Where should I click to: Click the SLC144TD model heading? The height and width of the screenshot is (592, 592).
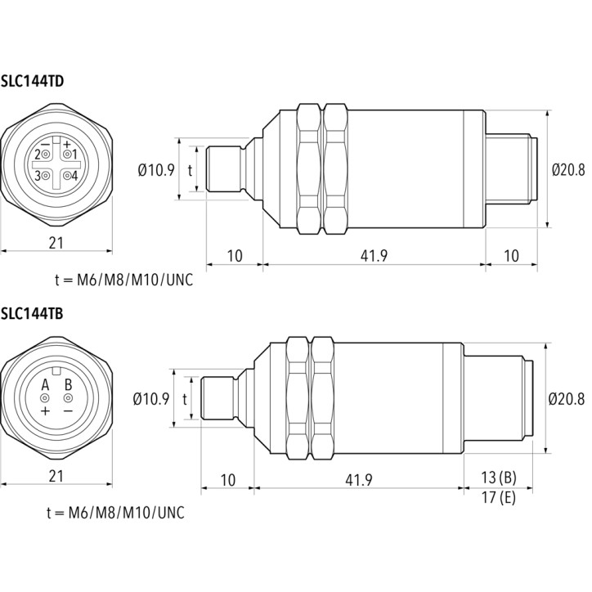point(32,81)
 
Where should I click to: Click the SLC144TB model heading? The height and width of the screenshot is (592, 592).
point(32,313)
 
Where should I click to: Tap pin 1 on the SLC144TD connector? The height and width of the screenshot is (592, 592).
point(67,155)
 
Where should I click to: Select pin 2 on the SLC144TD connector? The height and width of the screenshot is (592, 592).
point(46,155)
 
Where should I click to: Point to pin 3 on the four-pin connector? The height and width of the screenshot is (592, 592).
point(46,176)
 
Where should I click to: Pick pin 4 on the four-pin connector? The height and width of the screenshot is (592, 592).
point(67,176)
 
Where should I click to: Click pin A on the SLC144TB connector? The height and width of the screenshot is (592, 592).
point(45,398)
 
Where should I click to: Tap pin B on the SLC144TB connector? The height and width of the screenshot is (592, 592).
point(68,398)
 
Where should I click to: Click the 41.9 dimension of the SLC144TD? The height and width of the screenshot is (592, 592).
point(374,256)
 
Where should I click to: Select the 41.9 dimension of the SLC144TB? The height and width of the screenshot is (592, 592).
point(359,480)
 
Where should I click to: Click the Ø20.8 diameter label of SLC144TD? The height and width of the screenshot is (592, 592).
point(568,170)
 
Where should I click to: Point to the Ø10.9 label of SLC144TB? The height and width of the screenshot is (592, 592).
point(151,399)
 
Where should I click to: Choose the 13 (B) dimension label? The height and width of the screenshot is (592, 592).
point(498,478)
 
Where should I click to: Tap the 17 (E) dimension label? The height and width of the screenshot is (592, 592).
point(498,497)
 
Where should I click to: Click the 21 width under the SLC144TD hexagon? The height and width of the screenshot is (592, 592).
point(56,243)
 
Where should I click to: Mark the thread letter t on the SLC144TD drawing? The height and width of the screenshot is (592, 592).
point(190,170)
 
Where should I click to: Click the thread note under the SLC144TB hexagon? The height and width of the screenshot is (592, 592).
point(115,513)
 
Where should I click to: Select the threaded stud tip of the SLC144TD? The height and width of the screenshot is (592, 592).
point(225,168)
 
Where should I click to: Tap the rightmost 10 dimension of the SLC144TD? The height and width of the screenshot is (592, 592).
point(512,256)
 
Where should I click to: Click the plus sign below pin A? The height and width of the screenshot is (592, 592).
point(45,410)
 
